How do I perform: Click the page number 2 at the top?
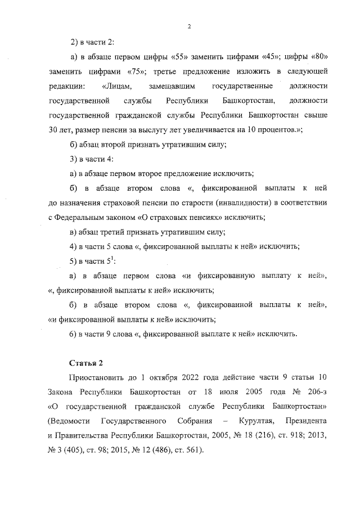190,26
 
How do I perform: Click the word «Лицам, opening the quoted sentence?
117,86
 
